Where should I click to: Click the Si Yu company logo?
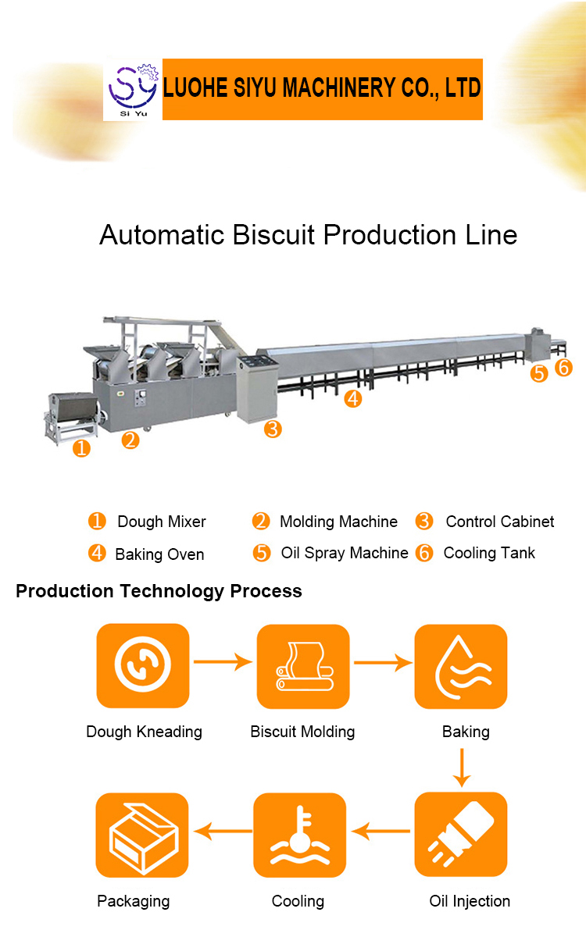point(130,89)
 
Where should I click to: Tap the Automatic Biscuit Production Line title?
point(308,235)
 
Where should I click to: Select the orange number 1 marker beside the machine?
point(81,448)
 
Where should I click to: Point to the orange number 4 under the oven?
point(353,399)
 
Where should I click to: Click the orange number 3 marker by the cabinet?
point(273,429)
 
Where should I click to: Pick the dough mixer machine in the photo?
point(70,415)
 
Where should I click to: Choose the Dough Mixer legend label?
point(161,522)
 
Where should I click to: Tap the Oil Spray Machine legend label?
point(344,553)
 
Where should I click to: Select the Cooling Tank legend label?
point(489,553)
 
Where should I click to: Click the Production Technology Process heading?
point(159,591)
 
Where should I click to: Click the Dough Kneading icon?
point(142,665)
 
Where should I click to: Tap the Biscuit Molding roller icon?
point(302,666)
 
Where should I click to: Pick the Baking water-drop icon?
point(461,666)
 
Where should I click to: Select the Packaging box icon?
point(142,835)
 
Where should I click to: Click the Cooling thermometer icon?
point(300,835)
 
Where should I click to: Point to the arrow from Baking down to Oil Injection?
point(463,767)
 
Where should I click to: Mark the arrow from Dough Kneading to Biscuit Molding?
point(223,663)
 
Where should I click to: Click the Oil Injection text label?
point(470,901)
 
